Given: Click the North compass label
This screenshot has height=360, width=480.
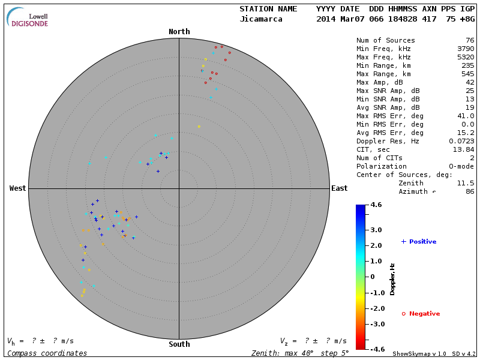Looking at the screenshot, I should point(179,32).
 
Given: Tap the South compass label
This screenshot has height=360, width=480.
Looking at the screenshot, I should point(179,344).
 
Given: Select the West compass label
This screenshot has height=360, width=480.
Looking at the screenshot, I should point(17,188).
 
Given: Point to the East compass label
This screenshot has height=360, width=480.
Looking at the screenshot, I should point(339,188).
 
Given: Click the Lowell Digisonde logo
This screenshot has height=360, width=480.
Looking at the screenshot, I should point(28,17).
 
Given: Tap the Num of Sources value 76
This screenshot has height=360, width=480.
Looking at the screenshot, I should point(469,40).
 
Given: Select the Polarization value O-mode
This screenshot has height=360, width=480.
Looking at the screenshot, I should point(459,166).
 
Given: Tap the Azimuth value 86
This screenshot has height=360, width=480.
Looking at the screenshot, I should point(469,191).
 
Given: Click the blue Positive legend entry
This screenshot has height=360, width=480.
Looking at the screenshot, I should point(419,241).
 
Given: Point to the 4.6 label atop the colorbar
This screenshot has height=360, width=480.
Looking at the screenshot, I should point(376,205).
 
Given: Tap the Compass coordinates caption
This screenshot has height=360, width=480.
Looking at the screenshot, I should point(47,353).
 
